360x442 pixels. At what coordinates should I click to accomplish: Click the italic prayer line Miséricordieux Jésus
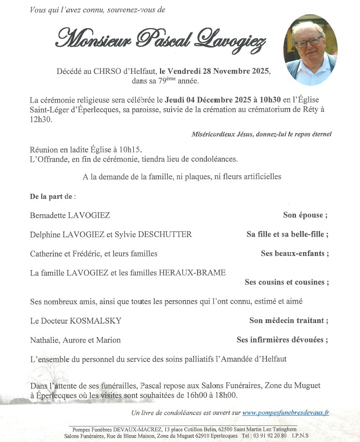[262, 134]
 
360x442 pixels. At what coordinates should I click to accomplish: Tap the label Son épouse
[305, 215]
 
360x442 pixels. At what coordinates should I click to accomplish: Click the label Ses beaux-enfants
[295, 254]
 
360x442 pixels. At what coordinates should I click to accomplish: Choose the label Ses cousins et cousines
[287, 282]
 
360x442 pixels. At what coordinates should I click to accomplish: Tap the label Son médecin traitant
[289, 321]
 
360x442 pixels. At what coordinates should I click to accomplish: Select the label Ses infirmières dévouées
[282, 340]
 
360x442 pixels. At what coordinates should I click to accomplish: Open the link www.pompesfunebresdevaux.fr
[286, 413]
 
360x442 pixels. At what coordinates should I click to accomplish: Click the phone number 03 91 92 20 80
[271, 436]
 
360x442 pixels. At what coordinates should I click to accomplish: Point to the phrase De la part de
[52, 196]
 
